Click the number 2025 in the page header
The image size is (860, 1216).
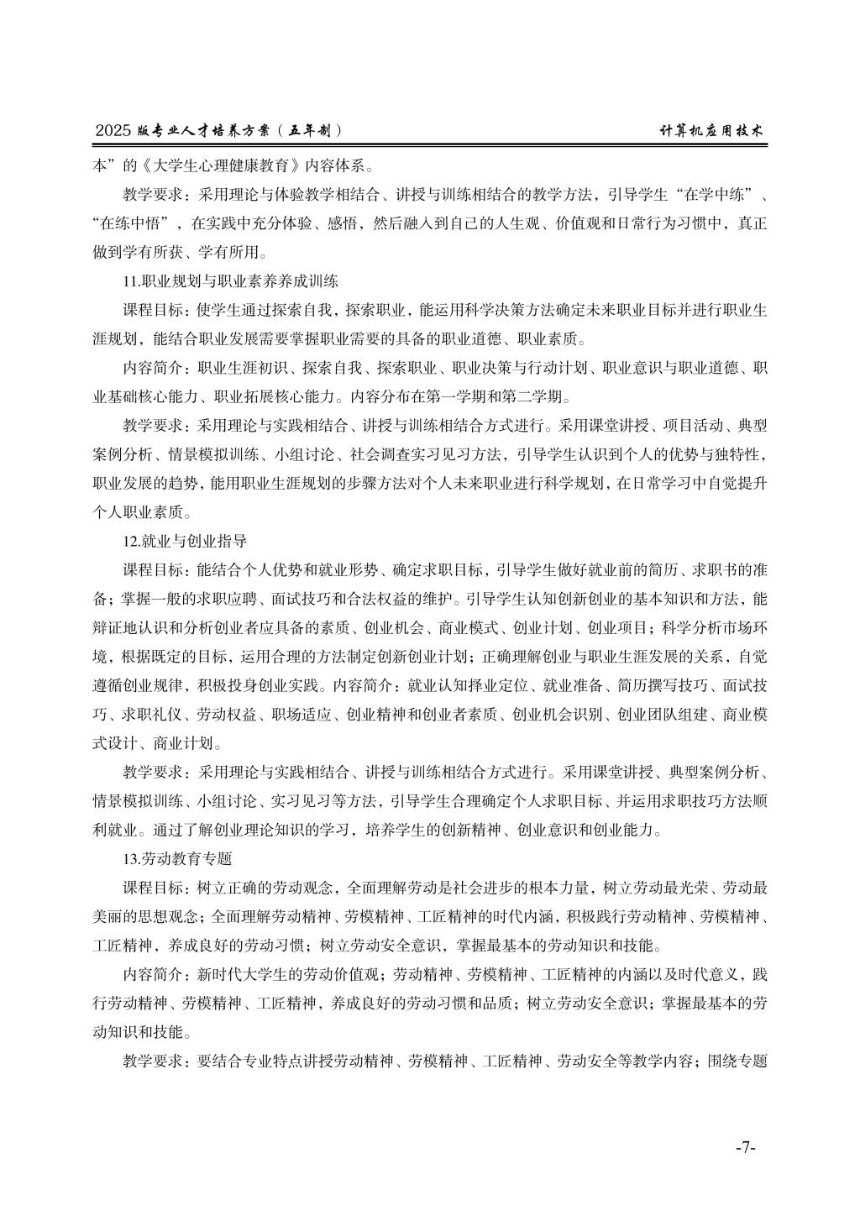coord(114,131)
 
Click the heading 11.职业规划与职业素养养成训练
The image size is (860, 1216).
coord(231,280)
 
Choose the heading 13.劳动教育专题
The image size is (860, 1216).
coord(177,859)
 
